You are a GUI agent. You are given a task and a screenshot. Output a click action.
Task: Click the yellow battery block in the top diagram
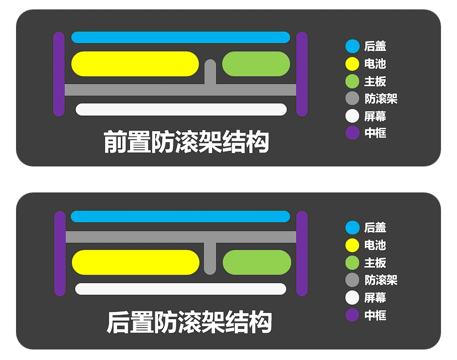coord(135,64)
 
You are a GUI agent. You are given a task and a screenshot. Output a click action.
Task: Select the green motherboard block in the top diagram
coord(256,64)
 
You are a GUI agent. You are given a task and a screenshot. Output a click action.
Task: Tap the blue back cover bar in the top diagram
coord(181,37)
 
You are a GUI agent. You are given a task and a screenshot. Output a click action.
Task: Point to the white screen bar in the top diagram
coord(181,109)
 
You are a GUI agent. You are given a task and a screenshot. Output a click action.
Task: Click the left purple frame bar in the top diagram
coord(59,74)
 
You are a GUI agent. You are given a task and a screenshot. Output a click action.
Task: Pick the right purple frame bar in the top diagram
coord(302,74)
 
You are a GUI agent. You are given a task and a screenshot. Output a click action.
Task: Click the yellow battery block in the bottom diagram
coord(135,262)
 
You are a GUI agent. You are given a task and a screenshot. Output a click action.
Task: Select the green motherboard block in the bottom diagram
coord(256,262)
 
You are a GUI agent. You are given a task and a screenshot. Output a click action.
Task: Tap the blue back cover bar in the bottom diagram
coord(181,216)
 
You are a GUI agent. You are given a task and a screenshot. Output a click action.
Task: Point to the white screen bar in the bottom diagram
coord(181,289)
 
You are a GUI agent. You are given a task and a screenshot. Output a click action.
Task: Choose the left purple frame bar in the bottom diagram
coord(60,253)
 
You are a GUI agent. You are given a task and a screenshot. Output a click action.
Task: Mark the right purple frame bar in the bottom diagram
coord(302,253)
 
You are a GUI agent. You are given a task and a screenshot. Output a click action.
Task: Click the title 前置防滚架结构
coord(186,142)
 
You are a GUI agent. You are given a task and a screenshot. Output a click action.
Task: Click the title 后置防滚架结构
coord(189,322)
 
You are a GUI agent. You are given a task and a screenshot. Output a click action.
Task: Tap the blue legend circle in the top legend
coord(353,46)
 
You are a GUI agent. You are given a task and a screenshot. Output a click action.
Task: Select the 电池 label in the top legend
coord(375,64)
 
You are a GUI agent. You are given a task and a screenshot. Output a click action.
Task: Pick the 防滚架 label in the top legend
coord(381,99)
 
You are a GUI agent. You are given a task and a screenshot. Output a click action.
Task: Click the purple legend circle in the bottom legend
coord(353,315)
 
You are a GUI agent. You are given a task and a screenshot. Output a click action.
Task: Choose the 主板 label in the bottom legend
coord(375,263)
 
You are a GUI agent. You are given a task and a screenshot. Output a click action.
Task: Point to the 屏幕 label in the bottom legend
coord(375,298)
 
